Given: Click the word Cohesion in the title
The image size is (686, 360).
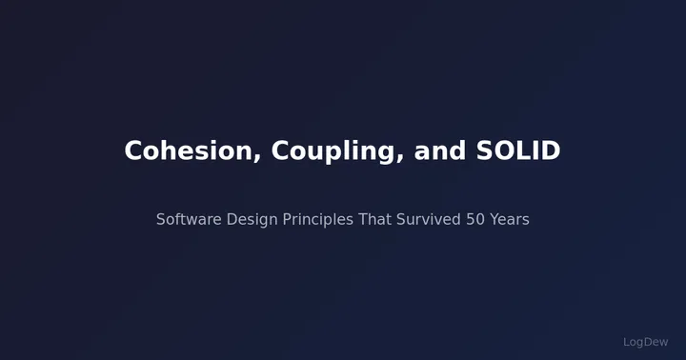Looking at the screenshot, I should tap(188, 151).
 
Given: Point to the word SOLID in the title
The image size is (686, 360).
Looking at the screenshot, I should tap(518, 151).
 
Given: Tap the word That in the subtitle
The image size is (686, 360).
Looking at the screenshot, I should tap(374, 220).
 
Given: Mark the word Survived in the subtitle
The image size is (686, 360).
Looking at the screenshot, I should tap(428, 220).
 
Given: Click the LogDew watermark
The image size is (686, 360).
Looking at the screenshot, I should tap(646, 342).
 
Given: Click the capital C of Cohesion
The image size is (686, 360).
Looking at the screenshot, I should tap(133, 151).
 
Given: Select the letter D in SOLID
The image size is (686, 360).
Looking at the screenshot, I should tap(551, 151).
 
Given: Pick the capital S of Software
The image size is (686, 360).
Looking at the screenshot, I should tap(161, 220).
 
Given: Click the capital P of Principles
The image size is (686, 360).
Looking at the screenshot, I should tap(287, 220).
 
